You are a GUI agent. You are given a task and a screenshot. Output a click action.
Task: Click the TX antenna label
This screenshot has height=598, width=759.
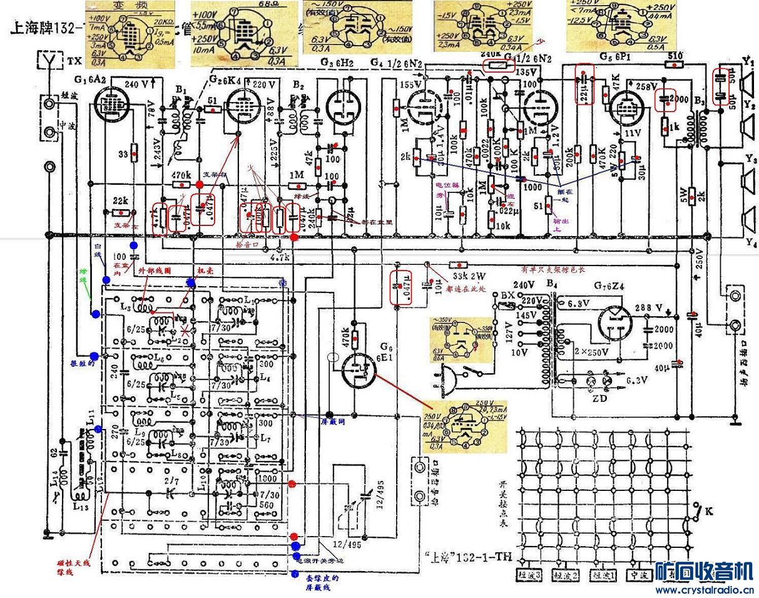pyautogui.click(x=74, y=61)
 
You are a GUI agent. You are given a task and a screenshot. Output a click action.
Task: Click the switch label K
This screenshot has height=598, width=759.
pyautogui.click(x=709, y=512)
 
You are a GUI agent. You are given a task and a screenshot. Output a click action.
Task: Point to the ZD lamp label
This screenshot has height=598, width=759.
pyautogui.click(x=595, y=396)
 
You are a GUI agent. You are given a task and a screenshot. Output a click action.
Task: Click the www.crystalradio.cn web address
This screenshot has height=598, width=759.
pyautogui.click(x=704, y=589)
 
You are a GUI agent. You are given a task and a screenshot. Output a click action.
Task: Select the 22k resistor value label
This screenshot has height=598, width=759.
pyautogui.click(x=121, y=201)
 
